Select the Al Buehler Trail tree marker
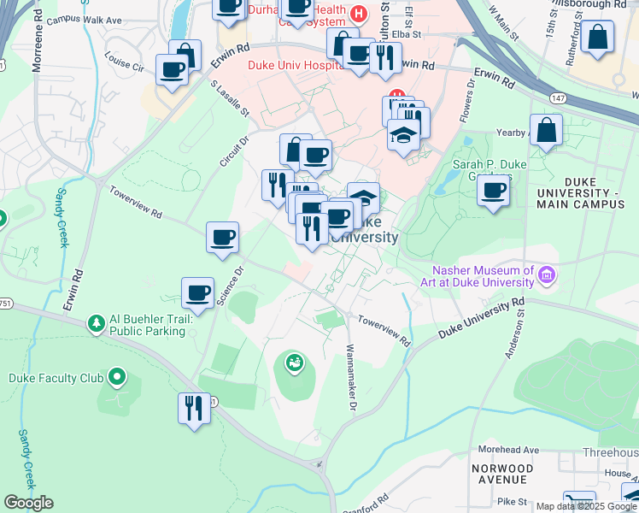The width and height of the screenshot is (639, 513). (x=96, y=323)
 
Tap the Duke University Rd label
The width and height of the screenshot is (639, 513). (x=479, y=319)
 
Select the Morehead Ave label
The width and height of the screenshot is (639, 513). (x=509, y=450)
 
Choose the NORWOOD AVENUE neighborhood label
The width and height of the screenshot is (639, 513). (x=503, y=475)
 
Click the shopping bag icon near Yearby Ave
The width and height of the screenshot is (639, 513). (x=546, y=131)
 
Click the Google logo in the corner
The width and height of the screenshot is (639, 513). (x=29, y=503)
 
